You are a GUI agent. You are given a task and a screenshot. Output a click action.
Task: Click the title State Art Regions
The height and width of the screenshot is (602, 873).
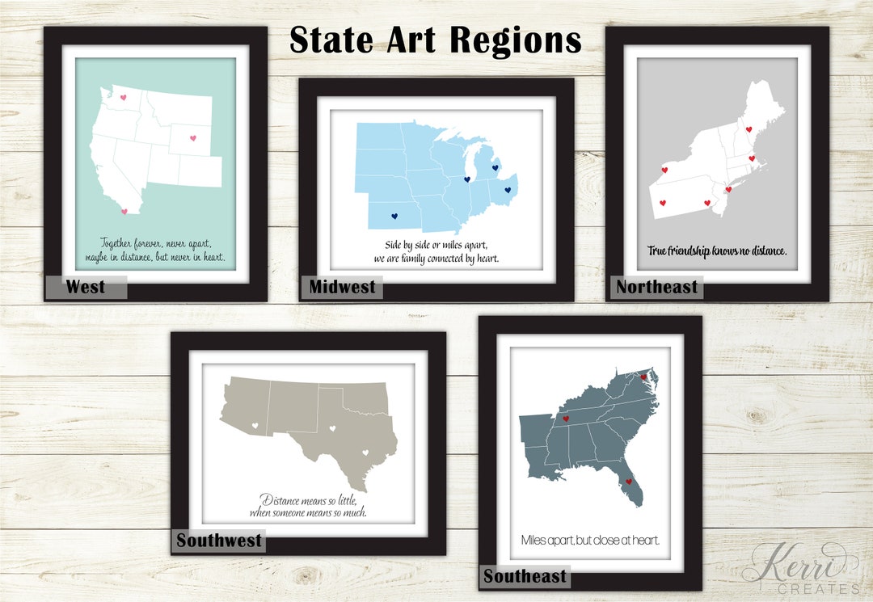[436, 40]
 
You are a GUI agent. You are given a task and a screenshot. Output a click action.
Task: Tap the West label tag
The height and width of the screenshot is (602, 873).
[86, 287]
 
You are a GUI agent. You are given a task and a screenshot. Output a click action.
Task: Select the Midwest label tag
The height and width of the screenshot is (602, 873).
[343, 287]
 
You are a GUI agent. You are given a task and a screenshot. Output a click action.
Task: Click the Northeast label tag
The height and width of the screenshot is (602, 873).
[657, 287]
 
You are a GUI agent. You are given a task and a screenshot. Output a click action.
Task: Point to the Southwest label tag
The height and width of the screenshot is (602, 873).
[219, 541]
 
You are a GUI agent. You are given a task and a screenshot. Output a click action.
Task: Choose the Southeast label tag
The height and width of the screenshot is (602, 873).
[525, 576]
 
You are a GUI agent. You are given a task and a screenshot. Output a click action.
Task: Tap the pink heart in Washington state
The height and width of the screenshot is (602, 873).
[124, 98]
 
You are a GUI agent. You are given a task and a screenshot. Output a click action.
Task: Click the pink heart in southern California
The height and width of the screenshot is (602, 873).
[124, 211]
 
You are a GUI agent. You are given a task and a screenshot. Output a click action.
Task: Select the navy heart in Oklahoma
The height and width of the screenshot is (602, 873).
[394, 216]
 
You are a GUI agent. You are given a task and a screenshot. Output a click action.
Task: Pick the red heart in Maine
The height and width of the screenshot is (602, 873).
[749, 129]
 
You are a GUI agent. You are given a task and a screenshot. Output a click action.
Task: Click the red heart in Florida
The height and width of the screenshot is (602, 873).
[628, 482]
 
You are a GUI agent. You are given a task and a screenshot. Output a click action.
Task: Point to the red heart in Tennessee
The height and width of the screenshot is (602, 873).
[566, 419]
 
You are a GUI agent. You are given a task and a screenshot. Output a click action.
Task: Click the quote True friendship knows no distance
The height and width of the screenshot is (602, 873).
[717, 251]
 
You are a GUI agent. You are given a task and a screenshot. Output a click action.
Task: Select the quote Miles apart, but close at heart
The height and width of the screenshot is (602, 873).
[590, 540]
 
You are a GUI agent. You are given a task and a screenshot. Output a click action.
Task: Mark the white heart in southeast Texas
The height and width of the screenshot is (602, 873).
[365, 453]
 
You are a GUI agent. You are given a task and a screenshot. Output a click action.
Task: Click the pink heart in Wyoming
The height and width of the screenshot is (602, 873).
[193, 138]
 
